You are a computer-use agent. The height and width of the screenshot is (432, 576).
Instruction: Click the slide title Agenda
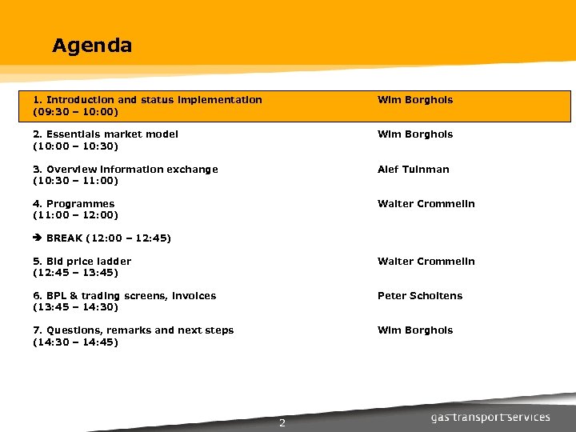(92, 46)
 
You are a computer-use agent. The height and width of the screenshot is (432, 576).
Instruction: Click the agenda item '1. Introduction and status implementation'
(147, 100)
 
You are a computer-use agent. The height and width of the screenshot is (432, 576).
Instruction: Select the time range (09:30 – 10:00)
(75, 112)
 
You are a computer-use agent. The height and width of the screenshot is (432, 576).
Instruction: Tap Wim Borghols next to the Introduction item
(415, 100)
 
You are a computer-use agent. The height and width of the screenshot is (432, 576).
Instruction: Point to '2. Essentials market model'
(106, 134)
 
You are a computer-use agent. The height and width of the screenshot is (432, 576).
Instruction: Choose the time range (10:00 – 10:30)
(75, 146)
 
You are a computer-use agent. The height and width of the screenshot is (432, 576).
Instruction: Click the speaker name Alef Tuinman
(414, 170)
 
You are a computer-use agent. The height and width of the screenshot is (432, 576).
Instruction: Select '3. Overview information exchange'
(126, 170)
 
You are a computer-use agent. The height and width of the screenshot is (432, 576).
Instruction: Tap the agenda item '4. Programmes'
(74, 204)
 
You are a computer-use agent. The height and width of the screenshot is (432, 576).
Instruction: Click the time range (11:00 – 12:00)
(75, 215)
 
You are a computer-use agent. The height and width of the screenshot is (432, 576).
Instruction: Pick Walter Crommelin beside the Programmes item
(426, 204)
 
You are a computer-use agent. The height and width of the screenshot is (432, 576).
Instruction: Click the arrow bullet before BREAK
(38, 238)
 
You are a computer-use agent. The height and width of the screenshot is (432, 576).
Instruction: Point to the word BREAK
(65, 238)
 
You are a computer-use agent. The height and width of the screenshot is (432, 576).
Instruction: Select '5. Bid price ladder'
(82, 262)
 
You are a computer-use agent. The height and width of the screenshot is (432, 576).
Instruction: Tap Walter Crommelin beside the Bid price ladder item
(426, 262)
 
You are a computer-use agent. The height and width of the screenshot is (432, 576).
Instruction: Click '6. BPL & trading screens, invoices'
(125, 296)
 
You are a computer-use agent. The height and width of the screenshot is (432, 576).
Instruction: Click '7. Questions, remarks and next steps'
(134, 330)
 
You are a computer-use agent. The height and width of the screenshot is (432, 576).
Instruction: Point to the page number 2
(282, 423)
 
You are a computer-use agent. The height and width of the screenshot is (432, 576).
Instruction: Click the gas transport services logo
(490, 417)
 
